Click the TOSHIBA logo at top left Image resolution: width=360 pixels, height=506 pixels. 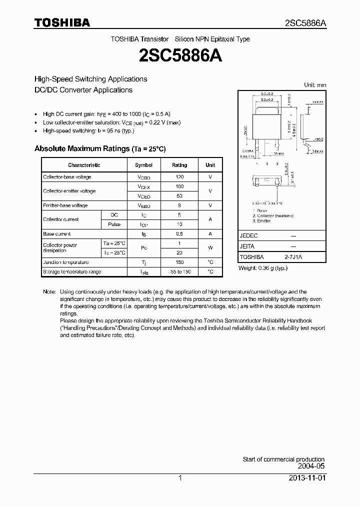pyautogui.click(x=62, y=22)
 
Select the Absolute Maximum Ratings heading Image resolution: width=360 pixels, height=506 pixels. pyautogui.click(x=99, y=149)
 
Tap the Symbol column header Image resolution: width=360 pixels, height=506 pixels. pyautogui.click(x=143, y=165)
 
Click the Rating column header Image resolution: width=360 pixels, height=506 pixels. pyautogui.click(x=179, y=165)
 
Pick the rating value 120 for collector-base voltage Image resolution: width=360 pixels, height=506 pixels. pyautogui.click(x=179, y=177)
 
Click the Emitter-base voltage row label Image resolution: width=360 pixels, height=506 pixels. pyautogui.click(x=65, y=205)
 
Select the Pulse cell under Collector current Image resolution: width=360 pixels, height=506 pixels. pyautogui.click(x=114, y=224)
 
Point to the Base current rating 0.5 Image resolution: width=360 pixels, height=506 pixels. pyautogui.click(x=179, y=234)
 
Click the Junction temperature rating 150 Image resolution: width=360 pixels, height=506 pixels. pyautogui.click(x=179, y=262)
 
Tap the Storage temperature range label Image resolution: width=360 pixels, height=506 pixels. pyautogui.click(x=72, y=272)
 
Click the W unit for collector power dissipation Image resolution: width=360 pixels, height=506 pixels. pyautogui.click(x=210, y=248)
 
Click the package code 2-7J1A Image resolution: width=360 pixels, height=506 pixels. pyautogui.click(x=294, y=257)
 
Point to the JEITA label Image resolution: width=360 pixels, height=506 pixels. pyautogui.click(x=247, y=246)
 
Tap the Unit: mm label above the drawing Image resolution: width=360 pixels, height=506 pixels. pyautogui.click(x=315, y=85)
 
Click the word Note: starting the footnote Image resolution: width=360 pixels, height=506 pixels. pyautogui.click(x=49, y=291)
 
